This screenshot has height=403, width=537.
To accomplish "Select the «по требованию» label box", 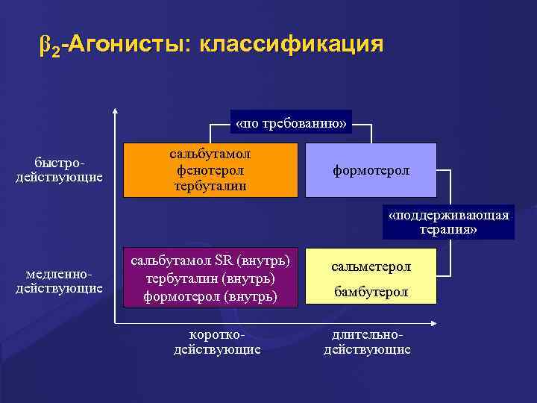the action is [x=291, y=122].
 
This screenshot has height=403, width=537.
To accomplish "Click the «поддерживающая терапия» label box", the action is [x=448, y=222].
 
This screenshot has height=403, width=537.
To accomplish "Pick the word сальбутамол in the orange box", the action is [x=210, y=154].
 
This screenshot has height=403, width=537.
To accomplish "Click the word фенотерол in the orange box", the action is [x=210, y=170].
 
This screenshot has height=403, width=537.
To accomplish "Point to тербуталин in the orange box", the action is [x=210, y=185].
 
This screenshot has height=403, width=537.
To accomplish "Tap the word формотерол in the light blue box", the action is [x=371, y=171].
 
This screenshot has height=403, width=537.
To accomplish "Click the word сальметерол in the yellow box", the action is [x=371, y=266].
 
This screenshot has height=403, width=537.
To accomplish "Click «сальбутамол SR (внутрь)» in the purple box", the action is [x=210, y=261].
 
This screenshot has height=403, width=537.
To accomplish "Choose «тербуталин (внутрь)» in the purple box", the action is [x=210, y=278].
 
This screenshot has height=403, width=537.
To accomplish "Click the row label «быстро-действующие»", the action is [x=59, y=170].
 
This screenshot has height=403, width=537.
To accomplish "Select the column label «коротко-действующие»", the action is [x=217, y=343].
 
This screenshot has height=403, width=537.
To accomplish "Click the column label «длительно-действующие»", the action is [x=366, y=343].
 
